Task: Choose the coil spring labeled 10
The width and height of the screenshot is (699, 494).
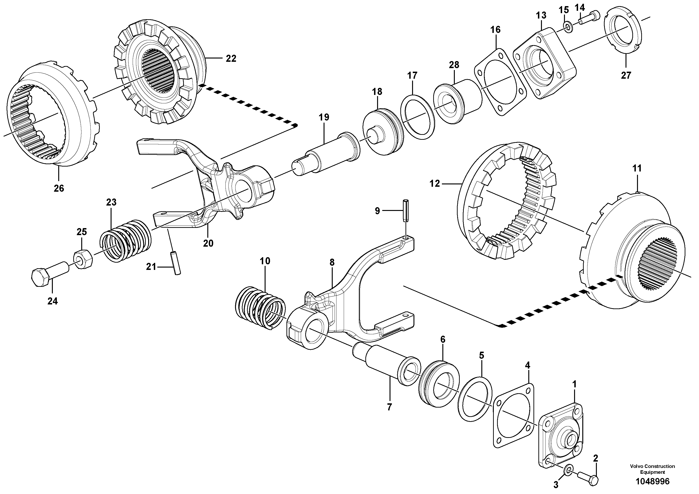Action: [261, 308]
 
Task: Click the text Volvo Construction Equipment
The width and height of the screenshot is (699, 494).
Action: [652, 469]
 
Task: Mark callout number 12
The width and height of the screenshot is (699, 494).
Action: [435, 184]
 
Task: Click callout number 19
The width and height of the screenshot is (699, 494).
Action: [324, 117]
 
